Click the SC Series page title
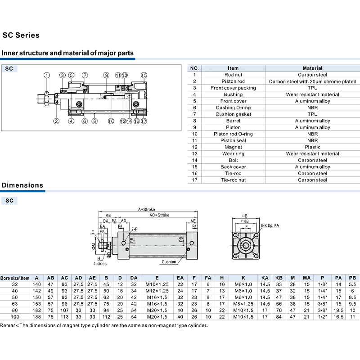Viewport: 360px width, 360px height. [21, 35]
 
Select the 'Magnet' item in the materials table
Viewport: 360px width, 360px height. [233, 147]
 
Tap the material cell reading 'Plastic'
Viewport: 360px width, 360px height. [312, 147]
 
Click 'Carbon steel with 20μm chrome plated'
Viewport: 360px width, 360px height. [312, 81]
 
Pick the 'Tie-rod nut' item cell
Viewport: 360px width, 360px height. [233, 180]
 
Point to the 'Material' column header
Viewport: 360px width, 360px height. [312, 68]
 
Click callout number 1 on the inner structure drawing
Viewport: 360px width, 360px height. [47, 75]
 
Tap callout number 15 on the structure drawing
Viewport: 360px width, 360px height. [144, 75]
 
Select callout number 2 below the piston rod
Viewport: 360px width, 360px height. [56, 121]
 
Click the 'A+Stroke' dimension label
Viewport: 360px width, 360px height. [147, 209]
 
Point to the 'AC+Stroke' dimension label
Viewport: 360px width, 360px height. [159, 215]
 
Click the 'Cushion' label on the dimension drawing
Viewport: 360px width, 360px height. [169, 261]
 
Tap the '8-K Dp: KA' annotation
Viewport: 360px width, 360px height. [270, 224]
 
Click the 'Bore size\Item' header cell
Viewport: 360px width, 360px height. [15, 278]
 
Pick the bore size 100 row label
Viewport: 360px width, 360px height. [15, 317]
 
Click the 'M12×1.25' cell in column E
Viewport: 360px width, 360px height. [157, 291]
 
